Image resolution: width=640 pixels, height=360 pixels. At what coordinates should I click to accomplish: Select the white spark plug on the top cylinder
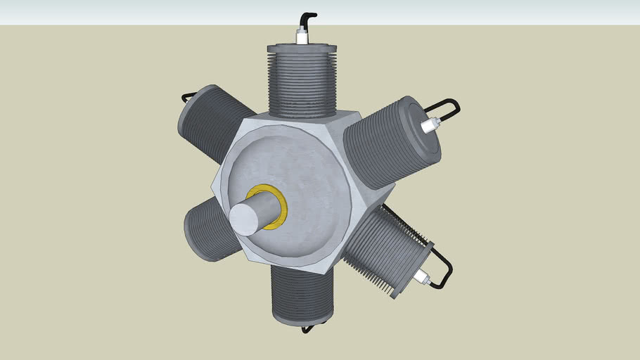(x=302, y=37)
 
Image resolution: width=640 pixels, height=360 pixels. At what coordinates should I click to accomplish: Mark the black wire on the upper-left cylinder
(x=188, y=96)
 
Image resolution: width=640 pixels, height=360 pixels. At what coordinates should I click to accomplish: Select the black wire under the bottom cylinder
(x=307, y=328)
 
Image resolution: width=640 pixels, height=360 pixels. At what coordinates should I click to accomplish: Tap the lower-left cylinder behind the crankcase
(x=208, y=229)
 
